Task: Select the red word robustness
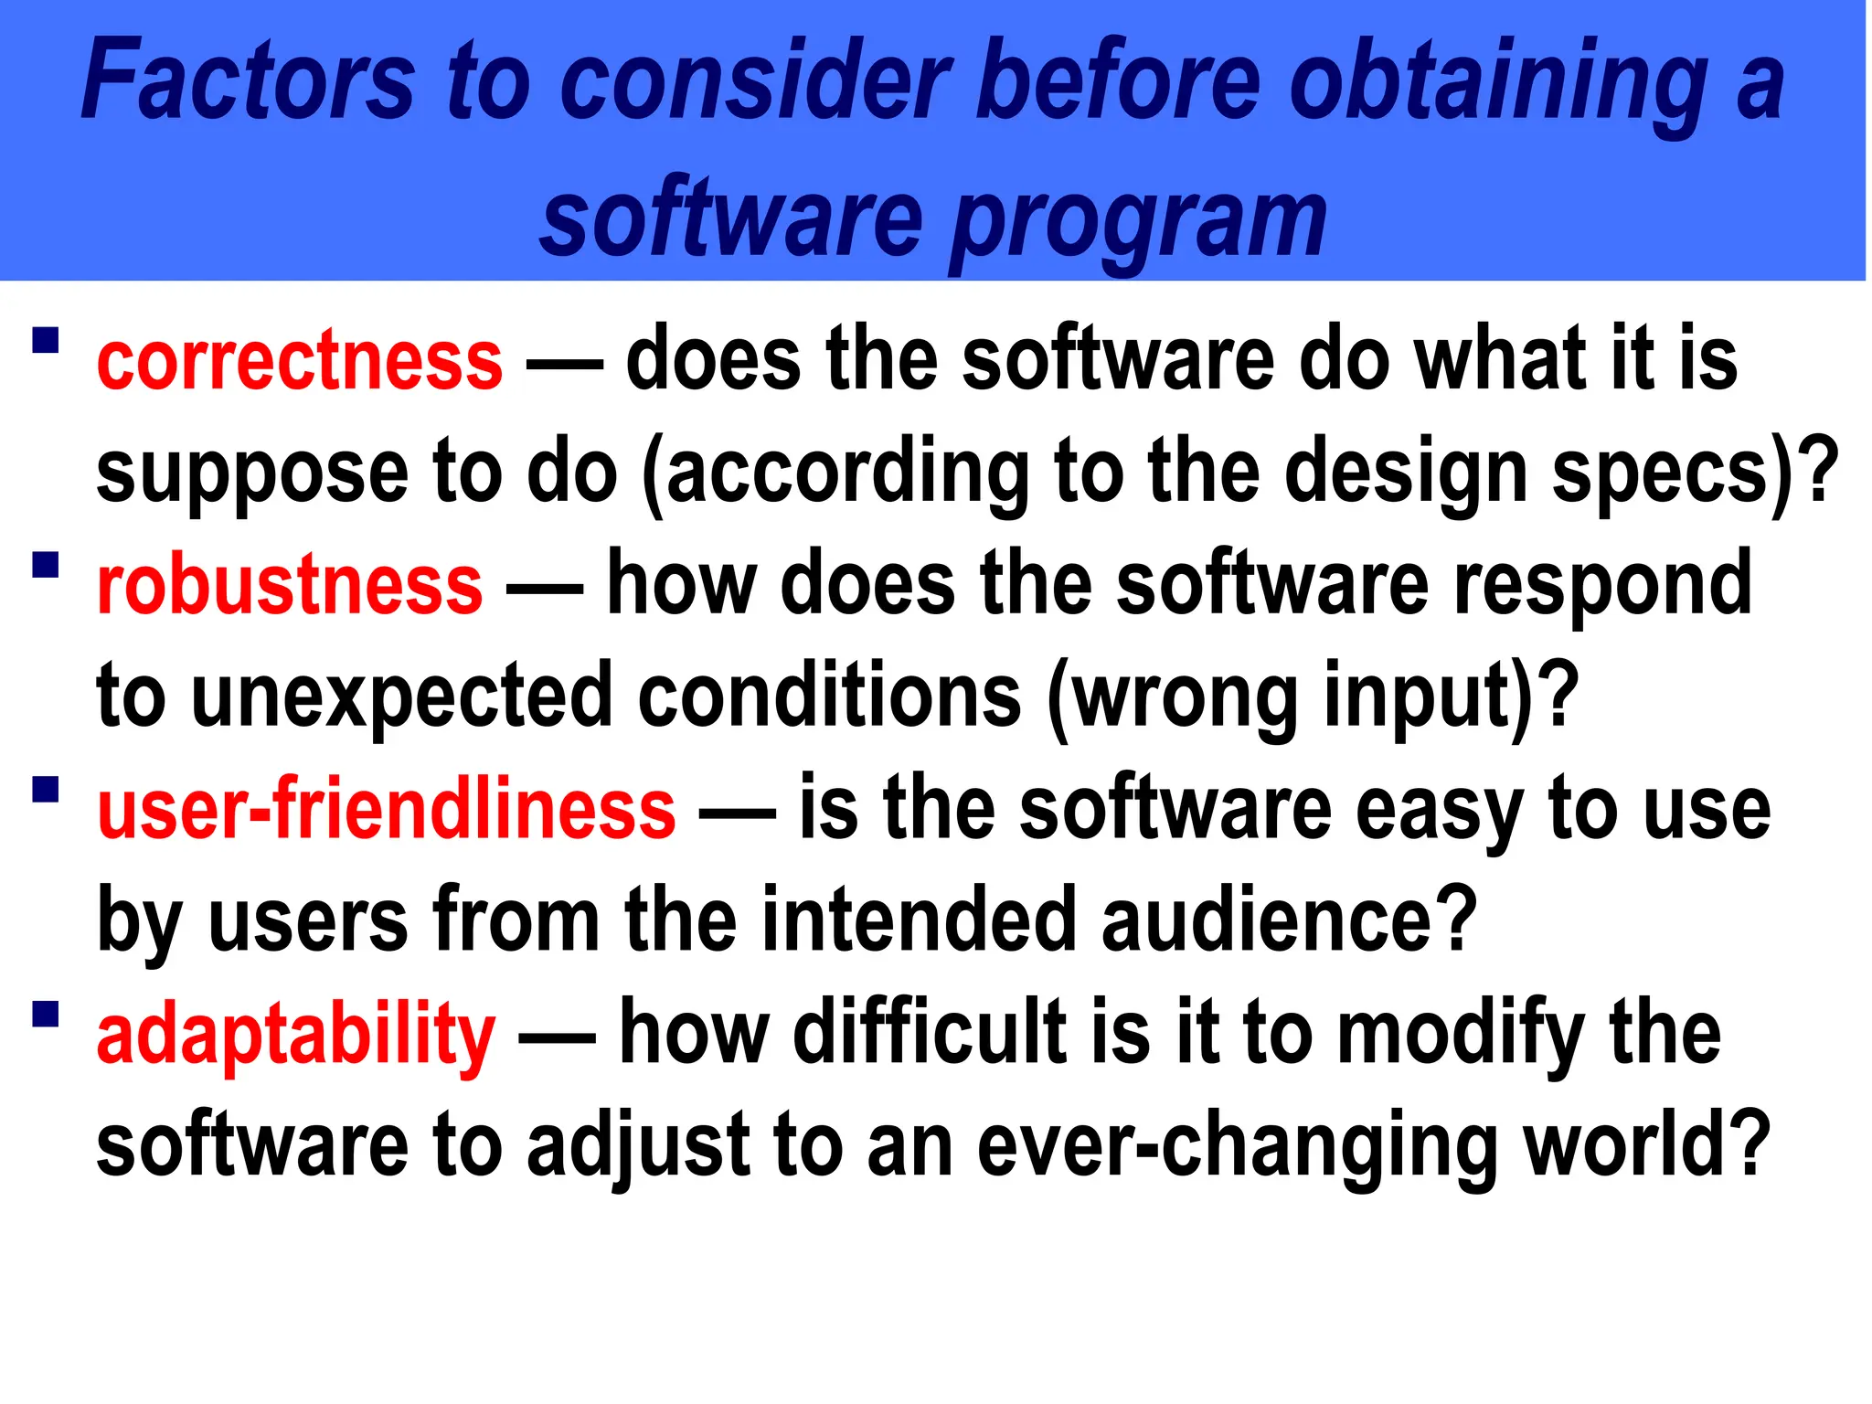pyautogui.click(x=289, y=585)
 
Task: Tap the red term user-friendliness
pyautogui.click(x=386, y=809)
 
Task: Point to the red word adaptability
pyautogui.click(x=295, y=1035)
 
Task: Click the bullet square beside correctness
pyautogui.click(x=45, y=340)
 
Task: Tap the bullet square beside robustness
pyautogui.click(x=45, y=565)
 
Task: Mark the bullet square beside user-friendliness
pyautogui.click(x=45, y=789)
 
